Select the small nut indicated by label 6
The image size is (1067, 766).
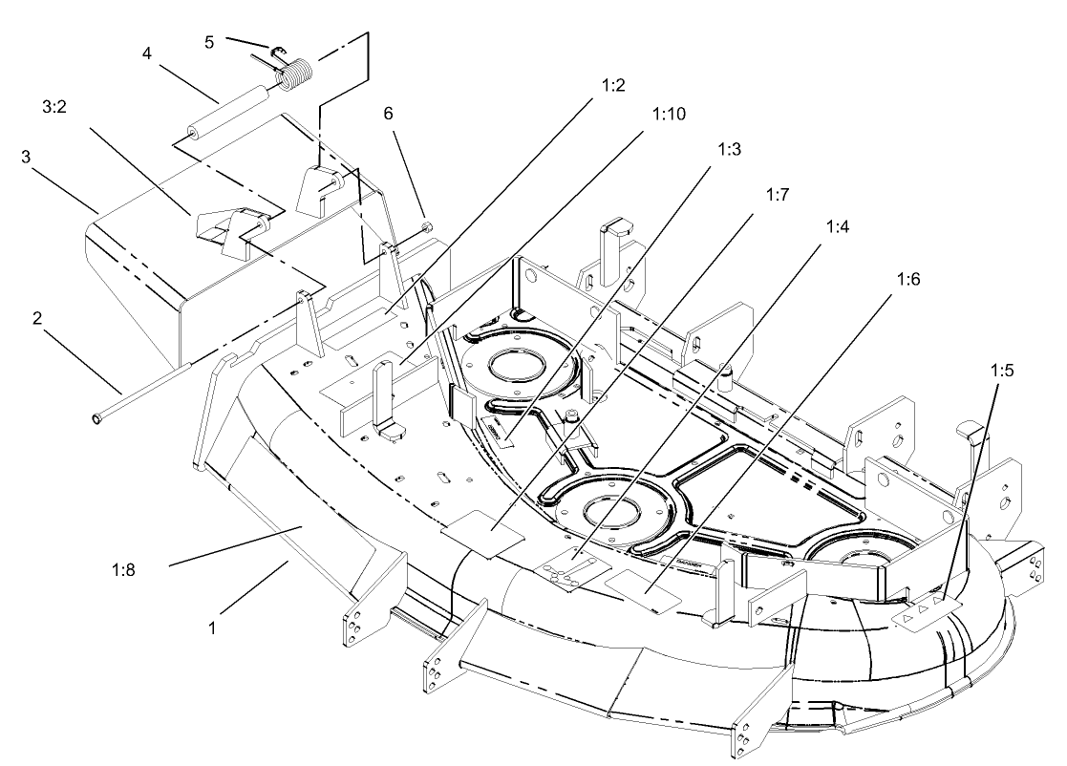426,227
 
